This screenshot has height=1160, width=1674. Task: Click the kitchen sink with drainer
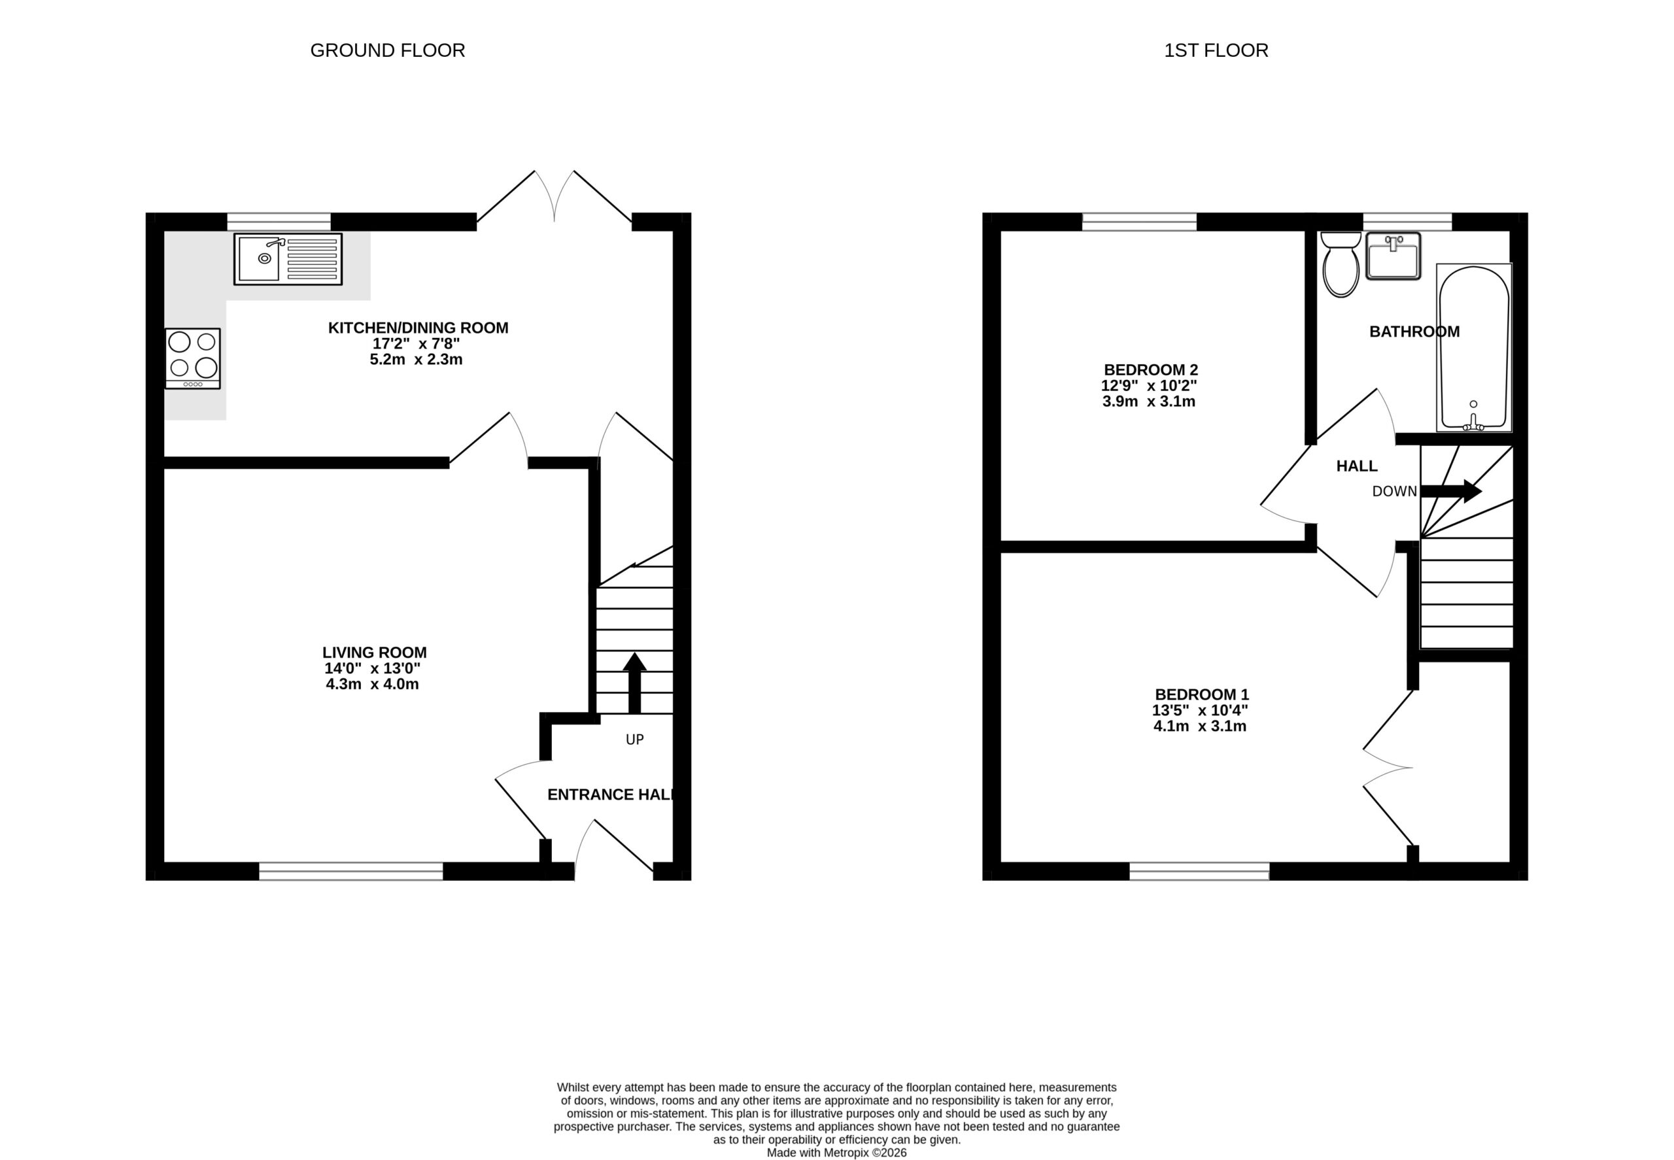[x=288, y=259]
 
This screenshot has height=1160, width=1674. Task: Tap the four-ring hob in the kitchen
[x=193, y=358]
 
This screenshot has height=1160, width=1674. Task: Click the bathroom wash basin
[x=1393, y=256]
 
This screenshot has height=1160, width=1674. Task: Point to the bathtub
[x=1474, y=347]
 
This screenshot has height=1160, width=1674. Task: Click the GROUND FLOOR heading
[x=387, y=50]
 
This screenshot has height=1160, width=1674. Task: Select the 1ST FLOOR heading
[x=1216, y=50]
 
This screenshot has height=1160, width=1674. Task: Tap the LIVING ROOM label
[x=374, y=653]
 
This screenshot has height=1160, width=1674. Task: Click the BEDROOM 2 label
[x=1151, y=370]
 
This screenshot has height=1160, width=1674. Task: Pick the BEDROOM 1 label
[x=1201, y=695]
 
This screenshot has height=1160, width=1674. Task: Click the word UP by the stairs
[x=634, y=740]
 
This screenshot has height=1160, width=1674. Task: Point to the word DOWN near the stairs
[x=1394, y=491]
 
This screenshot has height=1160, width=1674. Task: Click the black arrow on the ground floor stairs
[x=634, y=683]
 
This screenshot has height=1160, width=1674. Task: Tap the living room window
[x=351, y=871]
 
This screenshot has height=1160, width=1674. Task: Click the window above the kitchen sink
[x=279, y=222]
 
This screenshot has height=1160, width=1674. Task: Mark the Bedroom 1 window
[x=1199, y=871]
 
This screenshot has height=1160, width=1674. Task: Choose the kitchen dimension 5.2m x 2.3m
[x=416, y=360]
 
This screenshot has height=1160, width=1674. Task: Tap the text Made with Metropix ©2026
[x=836, y=1153]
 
